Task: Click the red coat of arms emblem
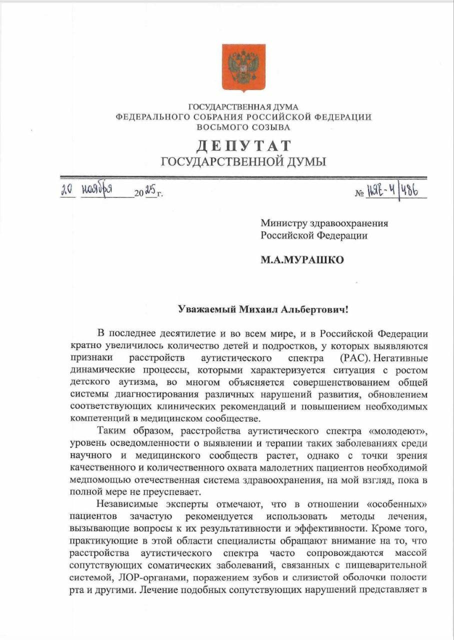click(x=243, y=67)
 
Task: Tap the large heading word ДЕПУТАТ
click(x=243, y=145)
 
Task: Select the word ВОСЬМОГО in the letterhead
click(x=218, y=127)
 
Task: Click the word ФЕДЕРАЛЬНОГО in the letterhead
click(x=152, y=117)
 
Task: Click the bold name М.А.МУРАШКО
click(x=302, y=260)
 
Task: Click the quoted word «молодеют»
click(x=397, y=430)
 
